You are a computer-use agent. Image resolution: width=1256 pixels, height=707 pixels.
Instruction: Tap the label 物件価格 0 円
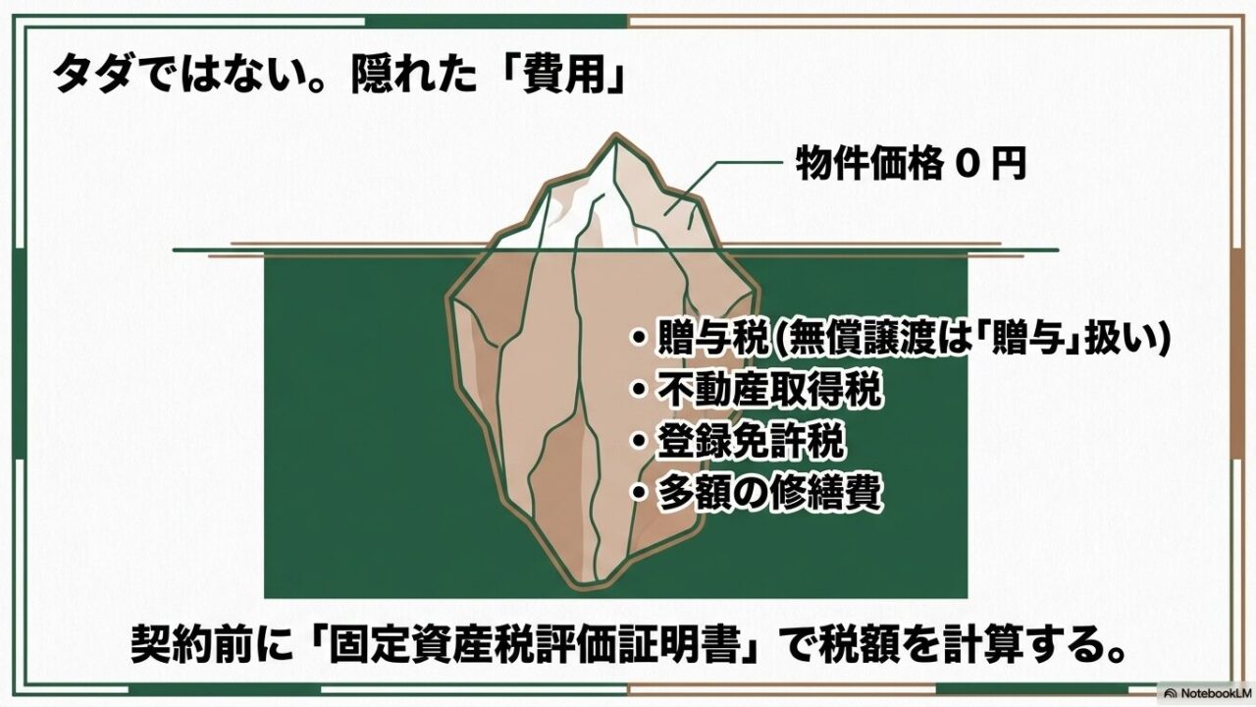[x=912, y=165]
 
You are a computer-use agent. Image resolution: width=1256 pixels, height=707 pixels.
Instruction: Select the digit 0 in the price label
[x=966, y=165]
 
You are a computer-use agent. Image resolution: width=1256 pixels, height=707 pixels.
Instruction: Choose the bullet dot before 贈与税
[x=639, y=341]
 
